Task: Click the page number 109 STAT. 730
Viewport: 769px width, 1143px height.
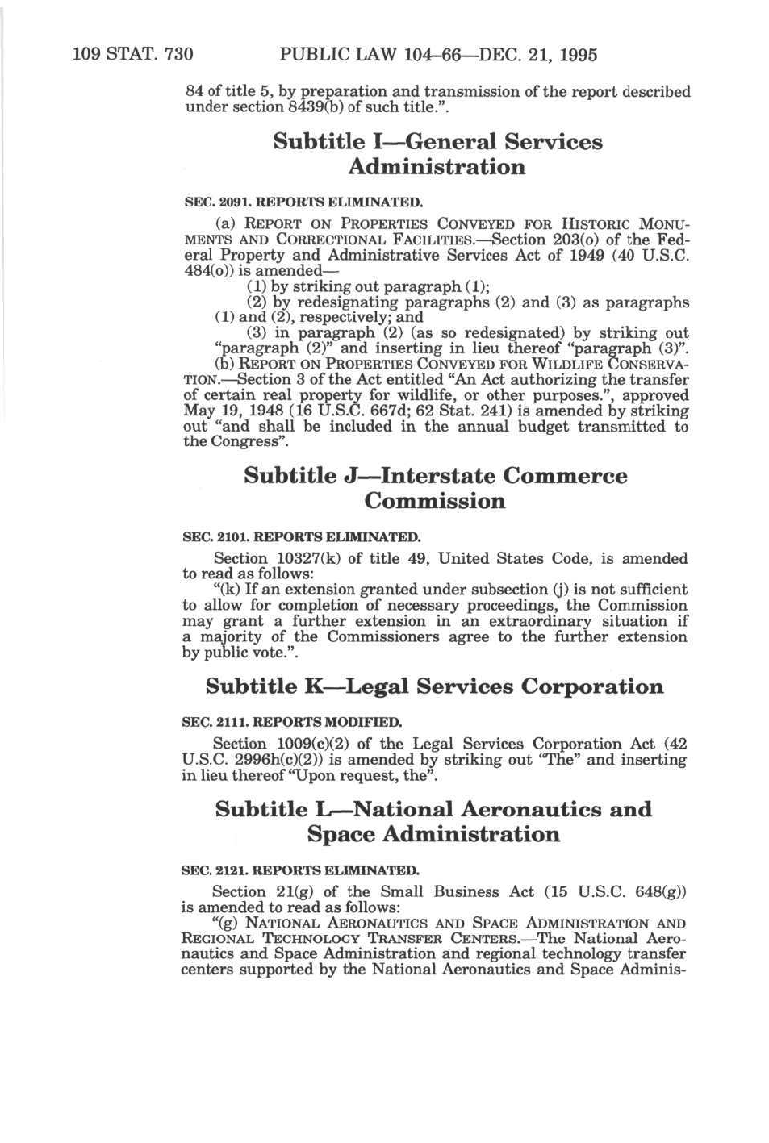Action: coord(132,55)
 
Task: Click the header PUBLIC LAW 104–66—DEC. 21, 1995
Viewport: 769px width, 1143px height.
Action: coord(438,55)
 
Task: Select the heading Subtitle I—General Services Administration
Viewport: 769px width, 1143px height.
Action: coord(437,154)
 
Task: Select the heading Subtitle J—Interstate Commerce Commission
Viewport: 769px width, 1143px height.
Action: coord(435,488)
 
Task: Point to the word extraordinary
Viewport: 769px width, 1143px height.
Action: coord(554,621)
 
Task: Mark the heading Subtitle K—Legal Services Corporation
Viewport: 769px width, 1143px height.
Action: coord(434,686)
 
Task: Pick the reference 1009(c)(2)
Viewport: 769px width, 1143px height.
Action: coord(314,744)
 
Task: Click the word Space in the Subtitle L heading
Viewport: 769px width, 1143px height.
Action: coord(341,834)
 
